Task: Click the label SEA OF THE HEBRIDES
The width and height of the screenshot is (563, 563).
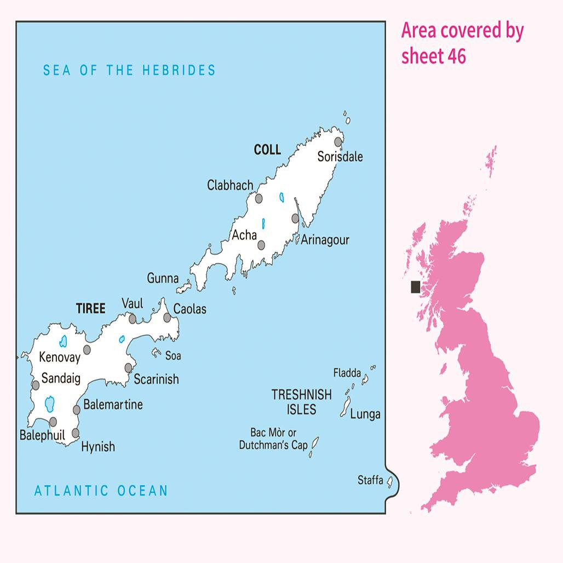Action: (x=129, y=70)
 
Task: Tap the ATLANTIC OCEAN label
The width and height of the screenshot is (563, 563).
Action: (x=101, y=490)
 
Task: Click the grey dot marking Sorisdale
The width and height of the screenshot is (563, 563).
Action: (x=338, y=142)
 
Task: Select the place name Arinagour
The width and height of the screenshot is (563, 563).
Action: (x=325, y=240)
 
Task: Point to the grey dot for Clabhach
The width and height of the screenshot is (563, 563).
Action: (x=259, y=198)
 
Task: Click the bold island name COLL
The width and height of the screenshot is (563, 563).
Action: (x=267, y=150)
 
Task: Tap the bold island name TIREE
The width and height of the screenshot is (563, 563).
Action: (x=90, y=309)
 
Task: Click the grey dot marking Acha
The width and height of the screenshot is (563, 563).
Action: (x=262, y=245)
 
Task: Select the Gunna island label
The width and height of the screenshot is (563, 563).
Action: (x=163, y=278)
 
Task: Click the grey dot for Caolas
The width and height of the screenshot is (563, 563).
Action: (x=167, y=317)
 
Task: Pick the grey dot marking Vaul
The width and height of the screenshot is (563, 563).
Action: (x=133, y=319)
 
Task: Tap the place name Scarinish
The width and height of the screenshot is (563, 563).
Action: (x=156, y=379)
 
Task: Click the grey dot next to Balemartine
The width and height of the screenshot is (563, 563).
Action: (x=77, y=410)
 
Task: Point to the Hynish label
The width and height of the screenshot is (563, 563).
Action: (x=98, y=447)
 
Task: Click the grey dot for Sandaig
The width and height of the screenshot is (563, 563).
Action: (x=36, y=385)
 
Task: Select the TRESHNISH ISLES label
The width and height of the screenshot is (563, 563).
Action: (x=301, y=401)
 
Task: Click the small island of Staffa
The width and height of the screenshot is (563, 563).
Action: (x=390, y=482)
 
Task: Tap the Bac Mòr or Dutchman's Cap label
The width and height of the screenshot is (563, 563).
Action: (x=273, y=439)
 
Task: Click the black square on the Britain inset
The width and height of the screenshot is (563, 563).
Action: (x=416, y=286)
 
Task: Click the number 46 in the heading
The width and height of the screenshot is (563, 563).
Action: (x=456, y=56)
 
